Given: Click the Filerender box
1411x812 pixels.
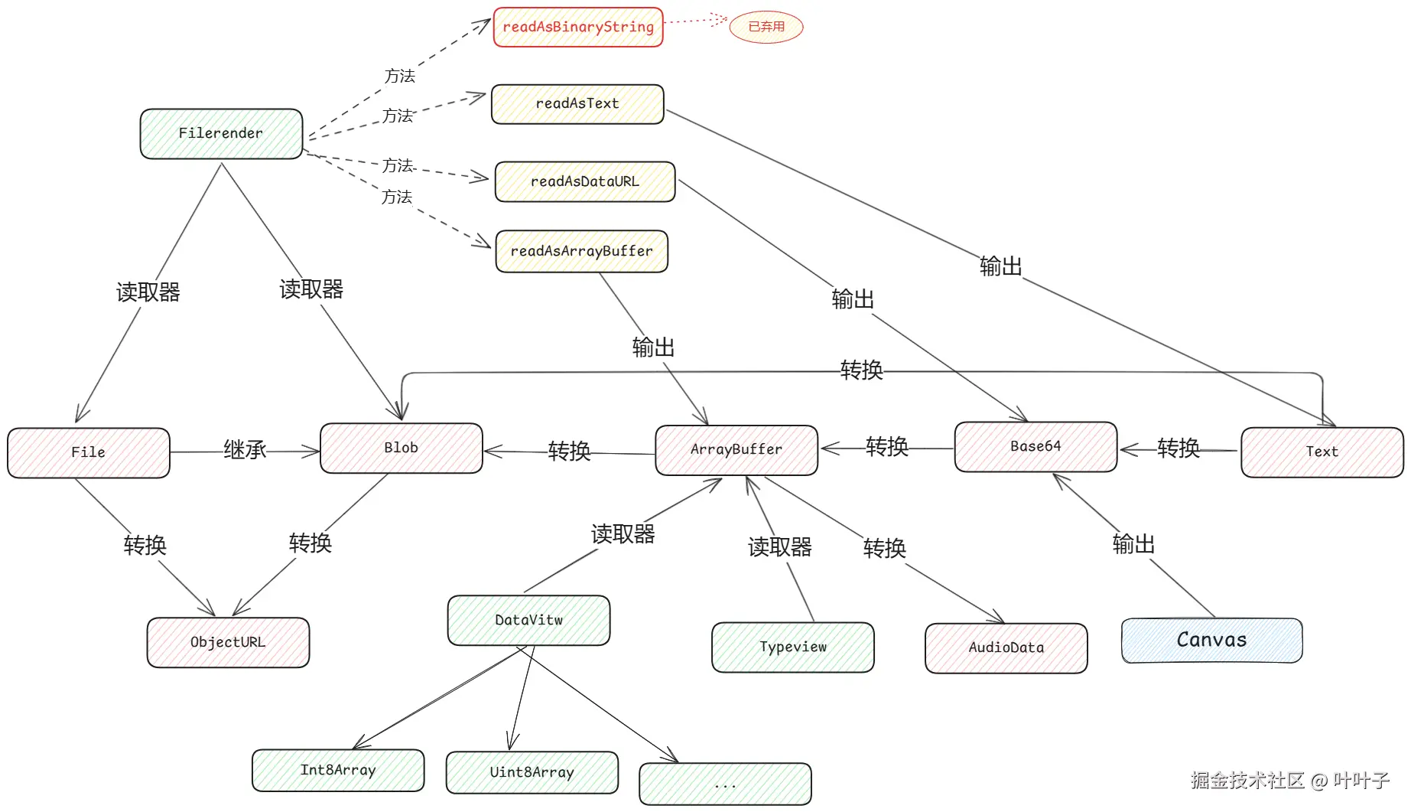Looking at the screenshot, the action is click(222, 134).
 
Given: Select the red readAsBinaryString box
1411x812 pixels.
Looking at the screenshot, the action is click(578, 27).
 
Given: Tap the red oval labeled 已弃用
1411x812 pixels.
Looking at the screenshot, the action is click(766, 27).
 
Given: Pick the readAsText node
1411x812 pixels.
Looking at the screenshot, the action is click(577, 104).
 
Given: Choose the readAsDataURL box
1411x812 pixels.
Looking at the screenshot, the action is click(585, 181).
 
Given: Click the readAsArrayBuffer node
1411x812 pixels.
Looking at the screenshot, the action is click(582, 251).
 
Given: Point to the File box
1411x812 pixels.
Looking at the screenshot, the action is click(89, 453).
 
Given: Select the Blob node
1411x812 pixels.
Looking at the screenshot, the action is click(402, 448).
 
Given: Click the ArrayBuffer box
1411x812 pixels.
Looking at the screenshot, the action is click(736, 450).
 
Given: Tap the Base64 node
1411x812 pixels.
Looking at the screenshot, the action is click(1036, 447).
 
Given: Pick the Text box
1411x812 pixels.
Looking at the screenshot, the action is click(1322, 452).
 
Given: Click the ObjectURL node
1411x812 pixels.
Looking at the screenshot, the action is click(228, 643).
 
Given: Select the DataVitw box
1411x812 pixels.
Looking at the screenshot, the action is click(529, 621).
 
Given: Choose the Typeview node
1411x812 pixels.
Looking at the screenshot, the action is click(793, 647).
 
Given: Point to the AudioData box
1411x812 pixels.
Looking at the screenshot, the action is click(1006, 648).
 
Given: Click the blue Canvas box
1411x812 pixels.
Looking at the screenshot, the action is click(1212, 641).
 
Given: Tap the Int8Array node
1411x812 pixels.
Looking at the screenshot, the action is click(338, 771).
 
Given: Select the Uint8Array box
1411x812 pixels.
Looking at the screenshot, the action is click(532, 773).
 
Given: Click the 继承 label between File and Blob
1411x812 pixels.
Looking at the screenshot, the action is click(245, 450).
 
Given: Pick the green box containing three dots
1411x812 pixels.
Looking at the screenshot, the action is click(725, 784).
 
